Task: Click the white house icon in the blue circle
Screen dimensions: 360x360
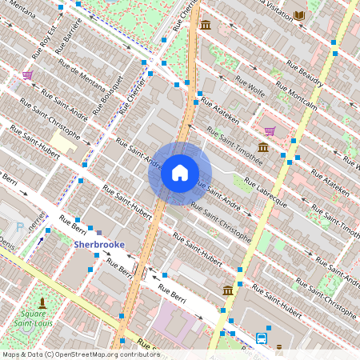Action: [180, 173]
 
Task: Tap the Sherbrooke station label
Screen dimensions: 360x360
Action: [100, 245]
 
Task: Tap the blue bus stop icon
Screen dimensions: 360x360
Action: [262, 338]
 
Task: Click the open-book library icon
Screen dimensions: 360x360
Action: [299, 15]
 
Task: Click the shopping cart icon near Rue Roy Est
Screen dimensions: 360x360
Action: [28, 75]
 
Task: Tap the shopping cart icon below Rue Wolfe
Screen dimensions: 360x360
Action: [270, 131]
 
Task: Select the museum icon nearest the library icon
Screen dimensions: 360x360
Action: [206, 25]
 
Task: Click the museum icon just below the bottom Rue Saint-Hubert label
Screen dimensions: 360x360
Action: [228, 290]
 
